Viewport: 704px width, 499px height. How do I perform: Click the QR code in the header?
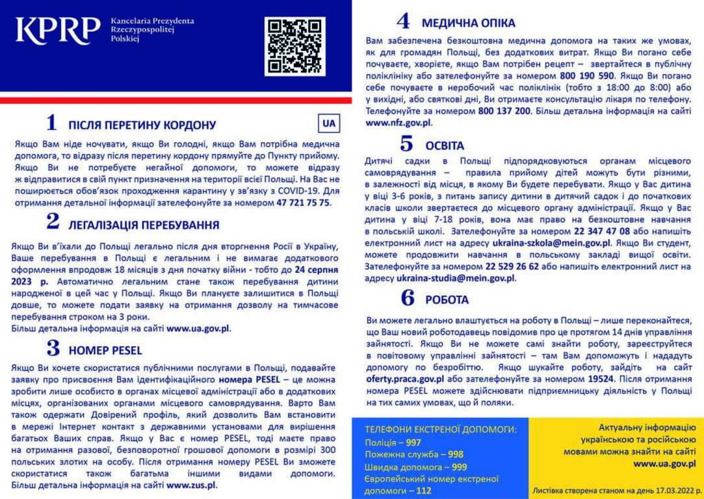[294, 46]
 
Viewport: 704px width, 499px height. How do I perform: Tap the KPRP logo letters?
[58, 31]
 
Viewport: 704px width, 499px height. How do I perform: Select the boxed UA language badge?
[329, 123]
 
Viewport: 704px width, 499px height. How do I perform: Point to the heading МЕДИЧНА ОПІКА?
[468, 23]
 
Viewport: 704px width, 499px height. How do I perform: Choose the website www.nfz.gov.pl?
[398, 122]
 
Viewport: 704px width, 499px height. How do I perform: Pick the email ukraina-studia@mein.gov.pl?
[456, 277]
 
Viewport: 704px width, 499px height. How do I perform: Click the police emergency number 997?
[413, 442]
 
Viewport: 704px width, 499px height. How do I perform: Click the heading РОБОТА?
[447, 300]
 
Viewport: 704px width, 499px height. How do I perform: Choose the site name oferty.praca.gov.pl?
[405, 379]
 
